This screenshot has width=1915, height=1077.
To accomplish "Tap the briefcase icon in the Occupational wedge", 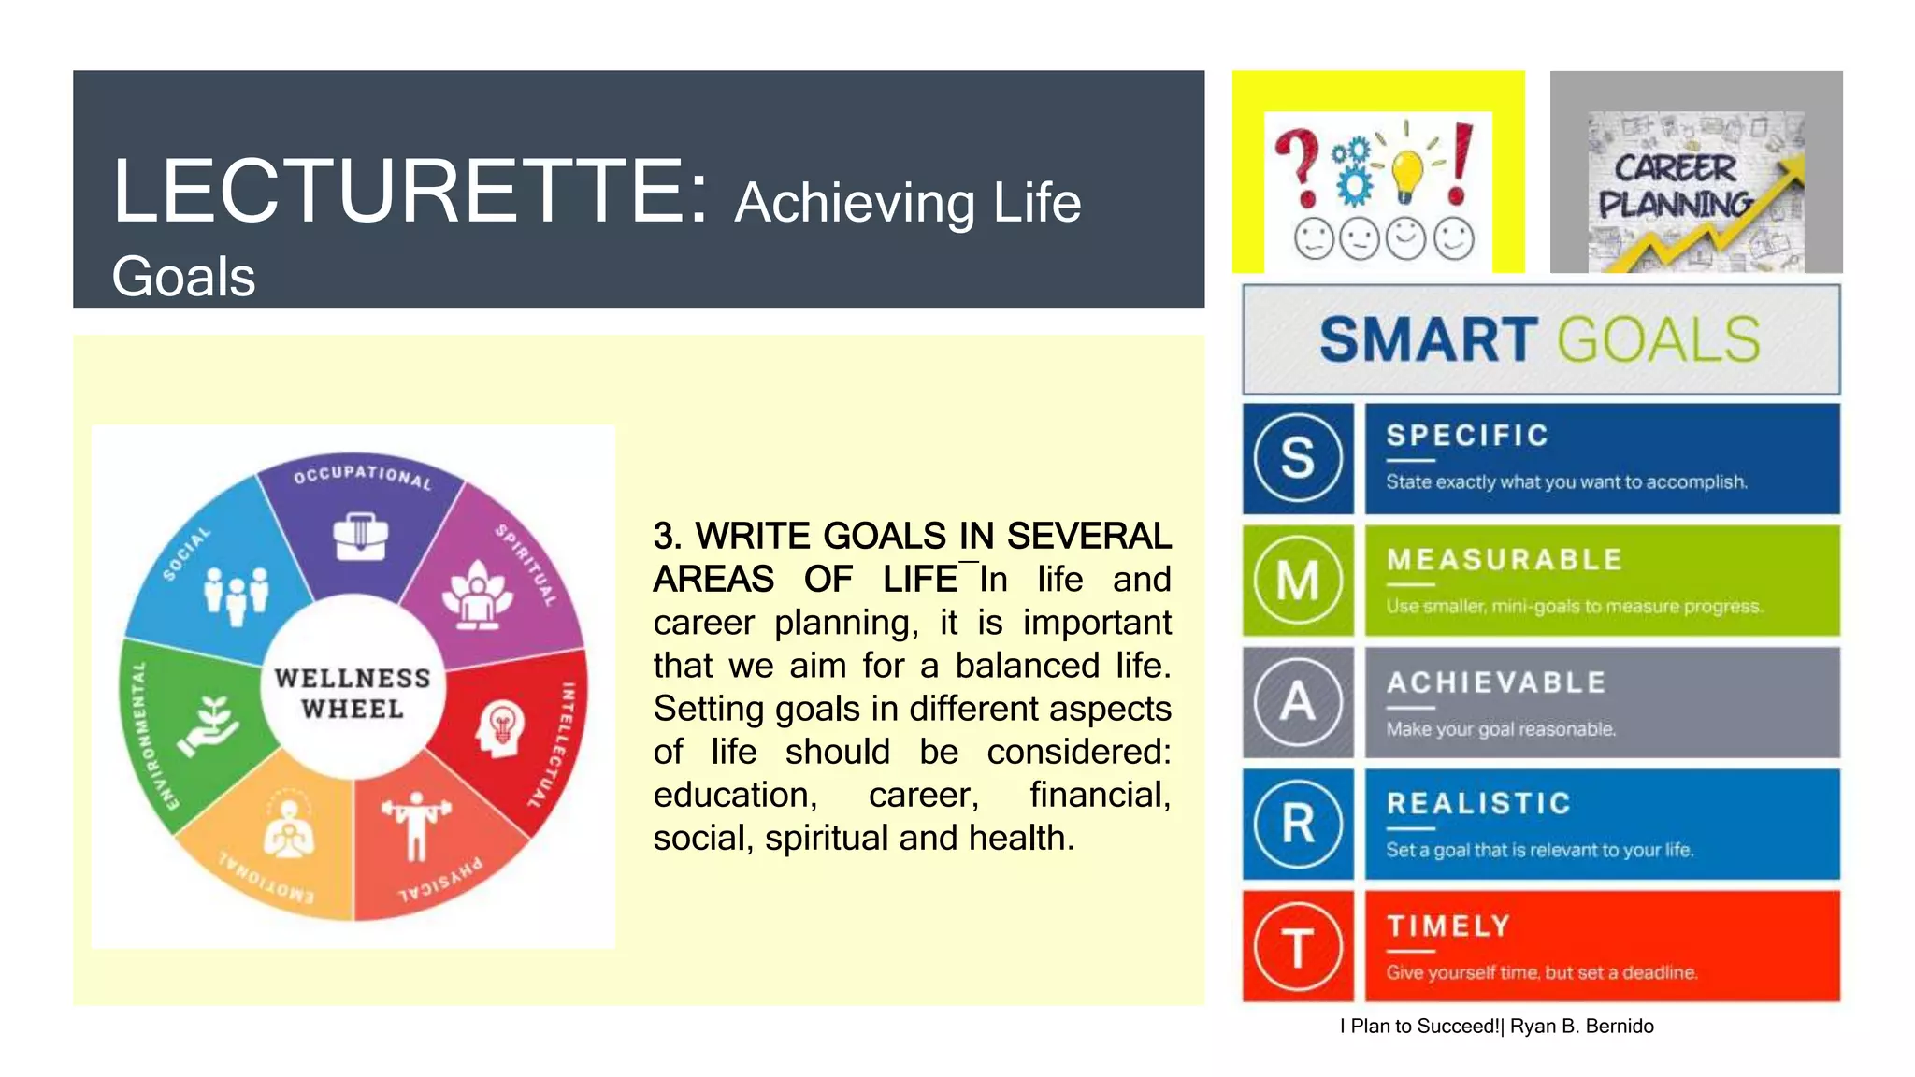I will (361, 537).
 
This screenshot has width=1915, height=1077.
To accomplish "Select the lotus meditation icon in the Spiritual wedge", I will (478, 596).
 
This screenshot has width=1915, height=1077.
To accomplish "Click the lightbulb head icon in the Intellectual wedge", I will (501, 728).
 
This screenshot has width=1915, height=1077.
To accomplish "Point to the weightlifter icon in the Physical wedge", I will (416, 824).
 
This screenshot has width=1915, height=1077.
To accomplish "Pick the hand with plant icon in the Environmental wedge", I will (209, 725).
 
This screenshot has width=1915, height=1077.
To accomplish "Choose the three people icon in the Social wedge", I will (236, 595).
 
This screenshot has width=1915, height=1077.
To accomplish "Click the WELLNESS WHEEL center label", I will (353, 693).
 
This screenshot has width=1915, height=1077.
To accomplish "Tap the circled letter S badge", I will (1298, 458).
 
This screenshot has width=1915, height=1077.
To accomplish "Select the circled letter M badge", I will (1298, 581).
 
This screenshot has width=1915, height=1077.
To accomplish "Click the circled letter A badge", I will (1298, 702).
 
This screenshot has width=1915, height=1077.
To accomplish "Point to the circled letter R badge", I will (1298, 825).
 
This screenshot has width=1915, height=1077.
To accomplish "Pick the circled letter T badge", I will (1298, 946).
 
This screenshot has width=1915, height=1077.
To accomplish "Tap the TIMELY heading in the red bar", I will (1448, 926).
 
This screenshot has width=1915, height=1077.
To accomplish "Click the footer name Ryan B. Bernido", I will (1581, 1027).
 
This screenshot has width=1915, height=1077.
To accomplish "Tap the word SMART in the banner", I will (1428, 339).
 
